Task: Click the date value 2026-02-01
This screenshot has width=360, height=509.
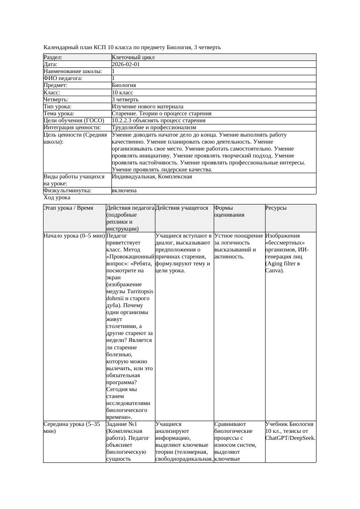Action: (x=126, y=64)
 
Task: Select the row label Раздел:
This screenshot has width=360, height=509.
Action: (x=53, y=57)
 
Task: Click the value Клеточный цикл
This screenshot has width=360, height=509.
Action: (x=133, y=57)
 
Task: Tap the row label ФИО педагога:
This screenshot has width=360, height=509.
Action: (x=63, y=78)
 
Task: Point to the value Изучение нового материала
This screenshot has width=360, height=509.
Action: (x=148, y=107)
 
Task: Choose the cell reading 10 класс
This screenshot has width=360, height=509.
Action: (x=122, y=93)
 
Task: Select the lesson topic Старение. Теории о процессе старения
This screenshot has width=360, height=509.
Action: (x=161, y=114)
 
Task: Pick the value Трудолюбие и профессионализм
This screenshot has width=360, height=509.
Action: (x=154, y=127)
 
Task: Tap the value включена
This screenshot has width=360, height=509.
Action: (x=124, y=191)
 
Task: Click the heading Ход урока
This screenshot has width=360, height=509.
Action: (x=57, y=198)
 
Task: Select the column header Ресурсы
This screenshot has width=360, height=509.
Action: (x=276, y=208)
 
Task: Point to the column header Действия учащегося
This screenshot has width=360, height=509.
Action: (x=182, y=208)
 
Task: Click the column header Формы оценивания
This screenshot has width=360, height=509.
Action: (x=229, y=211)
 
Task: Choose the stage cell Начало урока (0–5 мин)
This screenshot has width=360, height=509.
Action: (x=74, y=236)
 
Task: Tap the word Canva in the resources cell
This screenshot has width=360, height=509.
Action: (x=273, y=271)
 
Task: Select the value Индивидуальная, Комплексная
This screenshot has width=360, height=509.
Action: (x=152, y=177)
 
